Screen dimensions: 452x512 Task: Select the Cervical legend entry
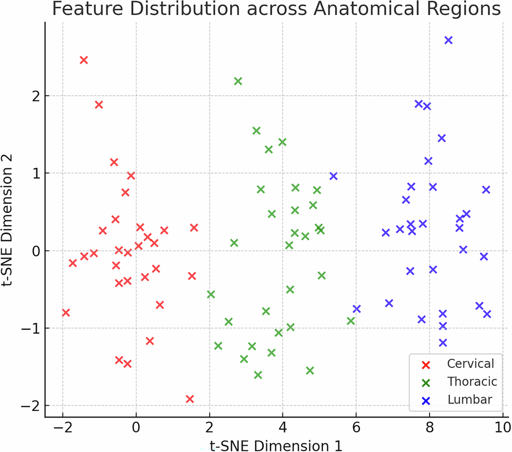point(470,364)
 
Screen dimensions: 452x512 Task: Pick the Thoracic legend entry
point(472,381)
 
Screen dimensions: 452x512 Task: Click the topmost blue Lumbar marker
point(448,40)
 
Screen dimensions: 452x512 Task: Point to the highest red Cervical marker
point(84,60)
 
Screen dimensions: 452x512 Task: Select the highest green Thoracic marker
point(238,81)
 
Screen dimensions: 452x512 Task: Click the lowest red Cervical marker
point(190,399)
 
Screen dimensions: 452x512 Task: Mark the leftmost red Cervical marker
point(66,313)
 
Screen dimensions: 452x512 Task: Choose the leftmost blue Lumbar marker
point(334,176)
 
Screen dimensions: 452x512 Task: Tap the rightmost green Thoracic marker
point(351,321)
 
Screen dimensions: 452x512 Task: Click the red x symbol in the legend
point(425,364)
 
